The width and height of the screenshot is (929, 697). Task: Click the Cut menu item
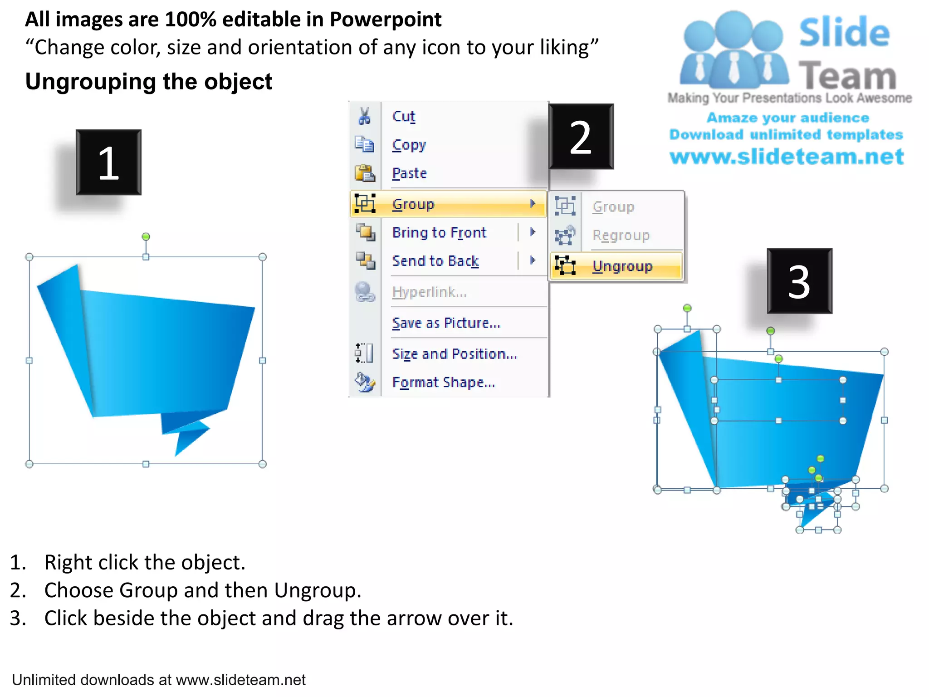coord(403,117)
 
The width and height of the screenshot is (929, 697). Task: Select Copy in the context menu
coord(409,145)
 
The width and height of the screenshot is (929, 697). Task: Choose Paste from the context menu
coord(409,173)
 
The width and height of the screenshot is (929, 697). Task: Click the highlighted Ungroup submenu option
coord(622,266)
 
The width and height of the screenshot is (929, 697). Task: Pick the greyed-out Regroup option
coord(621,235)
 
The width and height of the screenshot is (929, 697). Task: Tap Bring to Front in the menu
coord(439,232)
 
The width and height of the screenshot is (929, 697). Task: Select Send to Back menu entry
coord(435,261)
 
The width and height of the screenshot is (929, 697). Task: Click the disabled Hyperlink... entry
coord(429,292)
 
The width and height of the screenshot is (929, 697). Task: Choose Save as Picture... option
coord(446,323)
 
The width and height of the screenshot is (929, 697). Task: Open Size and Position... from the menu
coord(455,353)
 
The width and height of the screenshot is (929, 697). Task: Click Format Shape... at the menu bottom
coord(443,382)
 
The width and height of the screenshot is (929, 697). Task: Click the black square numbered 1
coord(108,162)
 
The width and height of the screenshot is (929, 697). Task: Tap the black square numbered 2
coord(581,137)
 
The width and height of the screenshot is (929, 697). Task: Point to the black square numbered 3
coord(799,281)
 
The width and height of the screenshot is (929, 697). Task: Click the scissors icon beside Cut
coord(364,116)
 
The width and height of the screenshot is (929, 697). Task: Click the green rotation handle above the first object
coord(146,236)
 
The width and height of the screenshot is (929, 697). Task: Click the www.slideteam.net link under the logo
coord(787,157)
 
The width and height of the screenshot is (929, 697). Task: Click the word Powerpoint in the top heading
coord(385,20)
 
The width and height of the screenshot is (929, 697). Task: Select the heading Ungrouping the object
coord(148,82)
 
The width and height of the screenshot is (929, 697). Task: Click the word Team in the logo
coord(847,76)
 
